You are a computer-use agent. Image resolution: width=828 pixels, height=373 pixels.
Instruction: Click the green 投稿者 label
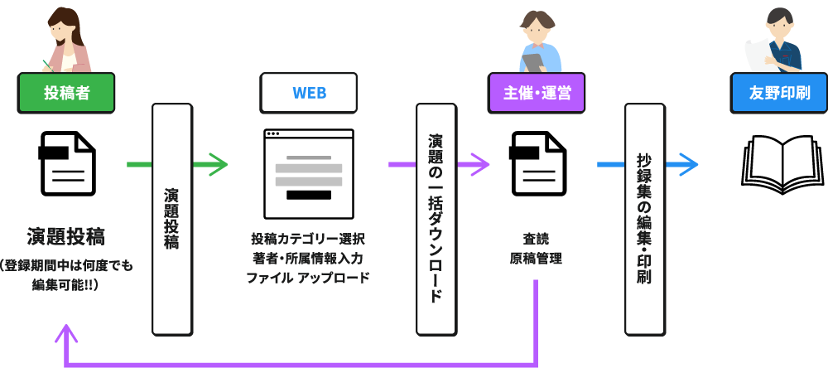click(x=66, y=93)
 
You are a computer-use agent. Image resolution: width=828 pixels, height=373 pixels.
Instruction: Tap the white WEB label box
click(x=309, y=93)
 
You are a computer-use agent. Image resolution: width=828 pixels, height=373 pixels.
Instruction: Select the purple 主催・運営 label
click(x=537, y=93)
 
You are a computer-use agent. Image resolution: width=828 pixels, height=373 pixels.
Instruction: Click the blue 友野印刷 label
click(x=779, y=93)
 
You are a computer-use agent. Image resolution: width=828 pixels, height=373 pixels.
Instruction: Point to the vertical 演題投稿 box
click(x=171, y=220)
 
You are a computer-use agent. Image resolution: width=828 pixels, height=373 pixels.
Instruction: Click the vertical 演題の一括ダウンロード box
click(x=436, y=220)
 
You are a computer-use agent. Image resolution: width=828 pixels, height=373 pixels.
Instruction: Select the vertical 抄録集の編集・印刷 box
click(x=644, y=220)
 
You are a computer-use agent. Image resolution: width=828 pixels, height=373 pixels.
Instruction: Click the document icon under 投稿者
click(x=68, y=164)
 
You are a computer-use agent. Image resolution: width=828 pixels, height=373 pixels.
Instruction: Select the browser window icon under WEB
click(x=308, y=174)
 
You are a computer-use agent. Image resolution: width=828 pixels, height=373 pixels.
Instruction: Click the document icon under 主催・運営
click(x=538, y=164)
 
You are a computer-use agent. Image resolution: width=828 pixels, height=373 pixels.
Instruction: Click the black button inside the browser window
click(x=308, y=196)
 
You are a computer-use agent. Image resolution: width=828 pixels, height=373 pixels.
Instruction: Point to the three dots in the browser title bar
click(x=273, y=134)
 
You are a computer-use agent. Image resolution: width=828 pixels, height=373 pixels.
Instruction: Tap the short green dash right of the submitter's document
click(x=138, y=164)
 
